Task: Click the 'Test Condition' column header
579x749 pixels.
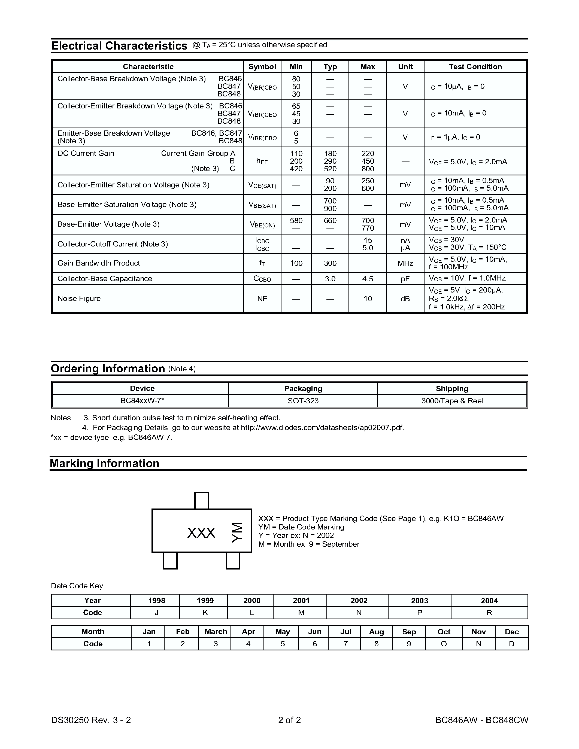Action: (x=475, y=66)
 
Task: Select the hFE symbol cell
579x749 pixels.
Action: (x=262, y=161)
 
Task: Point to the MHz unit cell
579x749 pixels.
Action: (x=405, y=263)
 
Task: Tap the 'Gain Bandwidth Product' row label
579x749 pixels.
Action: (x=99, y=263)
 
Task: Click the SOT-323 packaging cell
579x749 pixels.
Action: (x=303, y=401)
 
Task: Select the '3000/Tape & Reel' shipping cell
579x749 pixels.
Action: (x=452, y=401)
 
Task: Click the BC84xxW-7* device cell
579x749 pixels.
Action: (x=142, y=401)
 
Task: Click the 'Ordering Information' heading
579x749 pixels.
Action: (x=108, y=369)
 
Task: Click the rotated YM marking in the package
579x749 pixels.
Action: (x=237, y=532)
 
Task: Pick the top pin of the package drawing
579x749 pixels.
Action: (x=202, y=501)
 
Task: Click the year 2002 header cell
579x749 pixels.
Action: (x=359, y=601)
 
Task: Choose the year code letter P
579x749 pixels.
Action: (x=420, y=613)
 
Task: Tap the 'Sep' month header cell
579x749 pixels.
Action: (x=409, y=632)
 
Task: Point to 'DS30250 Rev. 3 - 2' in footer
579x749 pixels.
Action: (x=91, y=720)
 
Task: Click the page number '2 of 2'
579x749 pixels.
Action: (x=289, y=720)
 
